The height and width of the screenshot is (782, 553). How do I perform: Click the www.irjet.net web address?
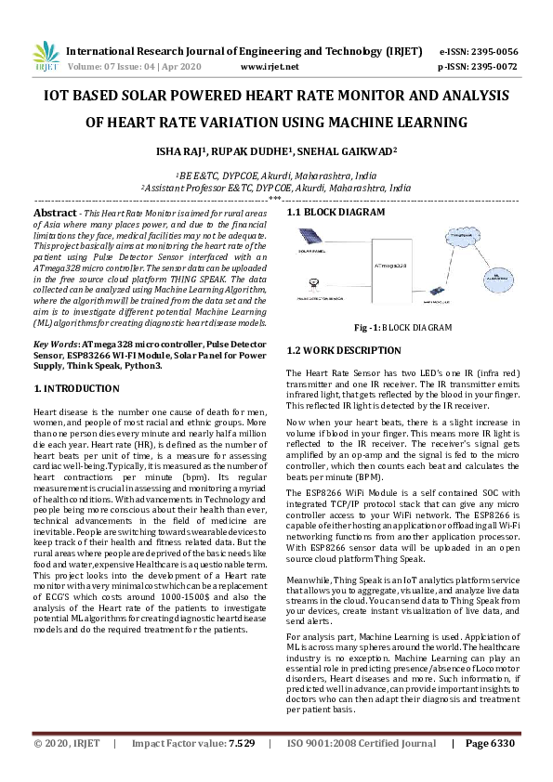coord(269,67)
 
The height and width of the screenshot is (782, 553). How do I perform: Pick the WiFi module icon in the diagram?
coord(432,299)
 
